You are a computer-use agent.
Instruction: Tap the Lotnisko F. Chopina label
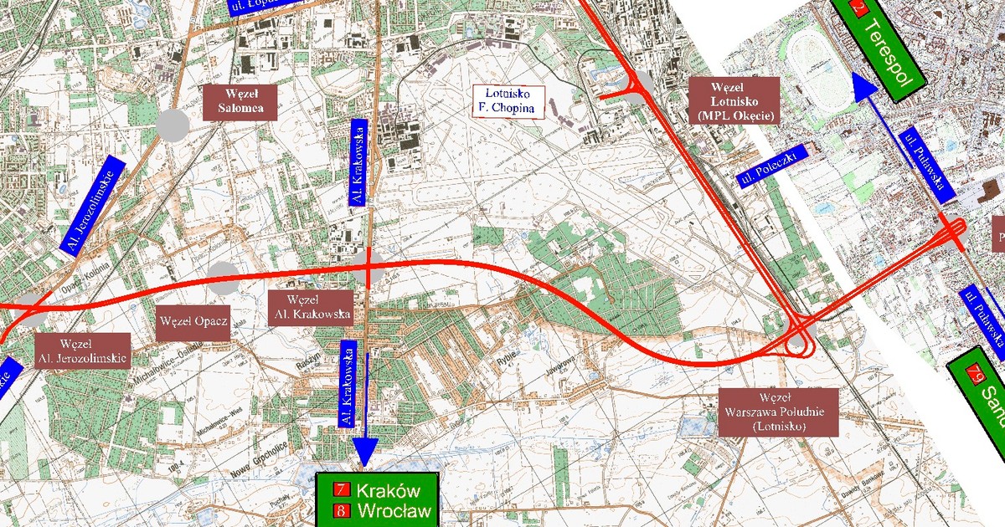(508, 100)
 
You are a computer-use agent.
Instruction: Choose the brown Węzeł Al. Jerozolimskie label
(82, 350)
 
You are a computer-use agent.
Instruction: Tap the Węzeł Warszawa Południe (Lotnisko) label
(778, 412)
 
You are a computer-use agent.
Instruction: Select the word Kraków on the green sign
(387, 490)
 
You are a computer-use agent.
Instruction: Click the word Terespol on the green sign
(889, 49)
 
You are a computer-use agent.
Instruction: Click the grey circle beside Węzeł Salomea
(173, 124)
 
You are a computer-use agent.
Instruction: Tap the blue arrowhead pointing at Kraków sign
(365, 452)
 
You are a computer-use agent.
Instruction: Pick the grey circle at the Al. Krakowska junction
(368, 269)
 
